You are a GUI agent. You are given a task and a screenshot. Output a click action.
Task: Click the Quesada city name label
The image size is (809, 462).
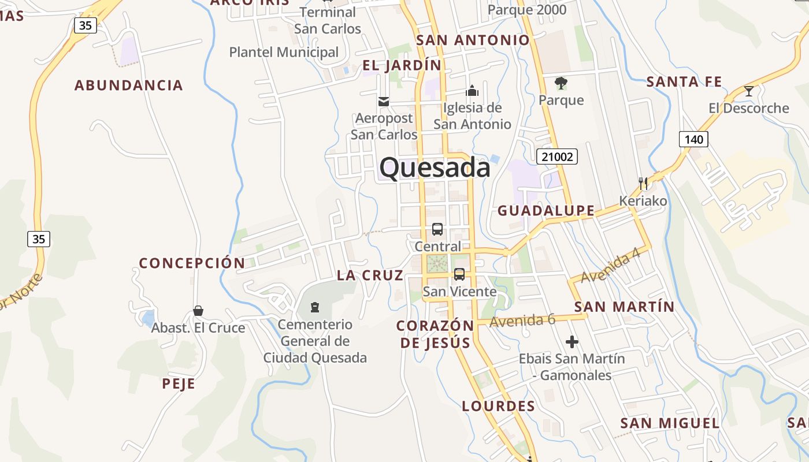pyautogui.click(x=435, y=168)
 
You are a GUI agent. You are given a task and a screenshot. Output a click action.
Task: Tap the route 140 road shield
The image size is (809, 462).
pyautogui.click(x=693, y=139)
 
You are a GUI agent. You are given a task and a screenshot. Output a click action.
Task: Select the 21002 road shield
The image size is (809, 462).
pyautogui.click(x=557, y=157)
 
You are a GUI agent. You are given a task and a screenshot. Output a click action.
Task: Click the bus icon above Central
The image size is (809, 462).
pyautogui.click(x=437, y=229)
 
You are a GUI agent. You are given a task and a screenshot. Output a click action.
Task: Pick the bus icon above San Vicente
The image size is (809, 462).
pyautogui.click(x=459, y=274)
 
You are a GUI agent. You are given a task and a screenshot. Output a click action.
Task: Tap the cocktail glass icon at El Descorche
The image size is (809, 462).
pyautogui.click(x=749, y=91)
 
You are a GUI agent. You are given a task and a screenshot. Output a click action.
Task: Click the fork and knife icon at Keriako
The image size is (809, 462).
pyautogui.click(x=643, y=184)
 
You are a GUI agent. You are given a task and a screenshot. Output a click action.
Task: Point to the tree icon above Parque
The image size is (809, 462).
pyautogui.click(x=561, y=83)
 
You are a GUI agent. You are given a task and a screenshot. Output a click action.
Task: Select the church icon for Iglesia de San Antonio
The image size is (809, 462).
pyautogui.click(x=472, y=91)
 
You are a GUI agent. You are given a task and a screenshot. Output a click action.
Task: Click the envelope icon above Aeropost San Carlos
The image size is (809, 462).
pyautogui.click(x=383, y=102)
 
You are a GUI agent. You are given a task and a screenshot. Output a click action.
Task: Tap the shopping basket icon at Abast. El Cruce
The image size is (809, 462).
pyautogui.click(x=198, y=311)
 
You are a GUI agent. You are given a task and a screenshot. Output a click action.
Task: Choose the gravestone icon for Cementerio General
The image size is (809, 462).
pyautogui.click(x=315, y=307)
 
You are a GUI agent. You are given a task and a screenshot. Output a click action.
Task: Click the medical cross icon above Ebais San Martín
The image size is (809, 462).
pyautogui.click(x=572, y=342)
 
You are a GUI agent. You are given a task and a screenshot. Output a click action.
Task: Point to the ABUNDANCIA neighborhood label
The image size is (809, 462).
pyautogui.click(x=129, y=85)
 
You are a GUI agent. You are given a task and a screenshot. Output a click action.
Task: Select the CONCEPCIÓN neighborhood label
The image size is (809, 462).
pyautogui.click(x=192, y=263)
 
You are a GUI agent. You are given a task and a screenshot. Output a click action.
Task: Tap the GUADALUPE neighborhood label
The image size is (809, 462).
pyautogui.click(x=546, y=211)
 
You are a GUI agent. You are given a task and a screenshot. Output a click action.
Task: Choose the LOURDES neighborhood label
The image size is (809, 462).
pyautogui.click(x=499, y=406)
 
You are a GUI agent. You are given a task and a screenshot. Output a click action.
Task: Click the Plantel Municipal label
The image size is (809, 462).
pyautogui.click(x=284, y=52)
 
